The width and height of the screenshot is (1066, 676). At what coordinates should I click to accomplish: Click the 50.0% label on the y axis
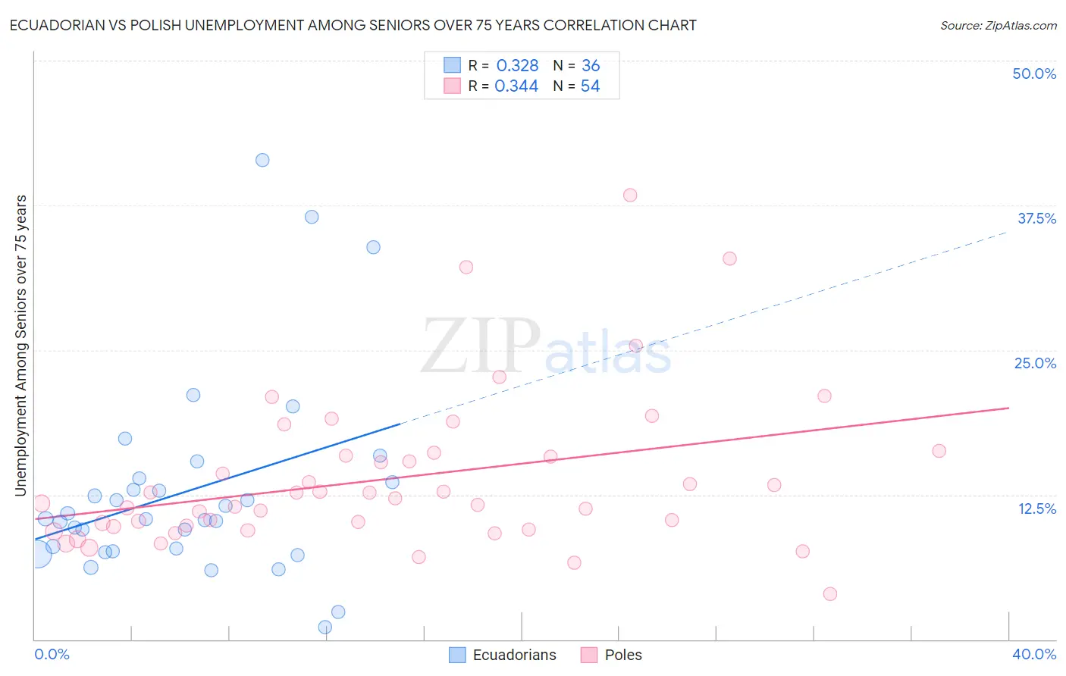[1034, 74]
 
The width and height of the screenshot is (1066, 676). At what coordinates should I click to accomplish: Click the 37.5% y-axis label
[1036, 218]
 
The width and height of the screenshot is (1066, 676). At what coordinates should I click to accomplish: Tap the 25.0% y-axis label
[1035, 363]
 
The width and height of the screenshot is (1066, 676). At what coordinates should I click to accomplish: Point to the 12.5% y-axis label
[1036, 509]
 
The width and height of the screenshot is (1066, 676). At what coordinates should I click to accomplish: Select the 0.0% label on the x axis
[52, 654]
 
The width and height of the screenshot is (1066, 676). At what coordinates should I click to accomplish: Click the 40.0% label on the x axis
[1033, 654]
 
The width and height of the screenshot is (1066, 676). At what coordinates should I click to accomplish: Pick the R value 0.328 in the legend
[517, 66]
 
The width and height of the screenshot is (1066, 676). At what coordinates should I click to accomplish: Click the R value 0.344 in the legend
[516, 86]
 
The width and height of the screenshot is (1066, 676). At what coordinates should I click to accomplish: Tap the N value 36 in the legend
[591, 66]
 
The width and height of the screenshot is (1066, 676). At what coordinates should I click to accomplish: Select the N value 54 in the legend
[590, 86]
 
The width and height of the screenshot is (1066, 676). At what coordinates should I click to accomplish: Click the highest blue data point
[262, 160]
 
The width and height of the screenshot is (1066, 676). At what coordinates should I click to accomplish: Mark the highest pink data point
[630, 195]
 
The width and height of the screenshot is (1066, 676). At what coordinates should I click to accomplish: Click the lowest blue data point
[325, 627]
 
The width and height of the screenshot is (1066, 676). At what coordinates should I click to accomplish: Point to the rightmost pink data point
[939, 451]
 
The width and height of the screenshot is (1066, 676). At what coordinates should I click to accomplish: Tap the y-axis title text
[20, 346]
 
